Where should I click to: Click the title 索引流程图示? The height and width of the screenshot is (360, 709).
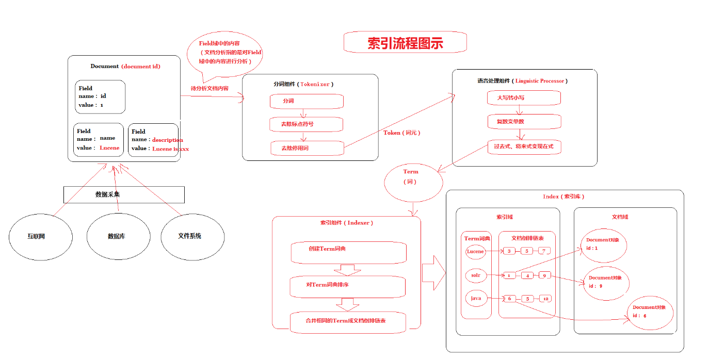pyautogui.click(x=405, y=42)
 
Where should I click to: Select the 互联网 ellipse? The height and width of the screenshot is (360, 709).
pyautogui.click(x=36, y=236)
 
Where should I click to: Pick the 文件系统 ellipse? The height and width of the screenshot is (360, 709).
pyautogui.click(x=189, y=236)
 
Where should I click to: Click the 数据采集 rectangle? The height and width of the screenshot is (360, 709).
pyautogui.click(x=124, y=194)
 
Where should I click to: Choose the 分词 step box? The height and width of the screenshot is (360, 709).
pyautogui.click(x=306, y=101)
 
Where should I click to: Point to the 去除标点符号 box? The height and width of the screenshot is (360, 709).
pyautogui.click(x=306, y=124)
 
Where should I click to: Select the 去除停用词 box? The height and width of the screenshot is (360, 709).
pyautogui.click(x=306, y=148)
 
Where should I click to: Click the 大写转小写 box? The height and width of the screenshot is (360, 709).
pyautogui.click(x=524, y=97)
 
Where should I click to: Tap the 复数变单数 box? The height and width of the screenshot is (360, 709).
pyautogui.click(x=524, y=122)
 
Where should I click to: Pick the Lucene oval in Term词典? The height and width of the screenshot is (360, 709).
pyautogui.click(x=475, y=252)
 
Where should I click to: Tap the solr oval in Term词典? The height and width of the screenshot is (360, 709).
pyautogui.click(x=476, y=275)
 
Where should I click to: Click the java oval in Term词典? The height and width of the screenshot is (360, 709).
pyautogui.click(x=476, y=299)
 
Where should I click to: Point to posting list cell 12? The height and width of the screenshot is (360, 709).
pyautogui.click(x=545, y=299)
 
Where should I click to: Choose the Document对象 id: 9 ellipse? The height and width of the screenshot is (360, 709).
pyautogui.click(x=606, y=283)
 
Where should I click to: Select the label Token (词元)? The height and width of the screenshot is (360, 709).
pyautogui.click(x=401, y=133)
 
